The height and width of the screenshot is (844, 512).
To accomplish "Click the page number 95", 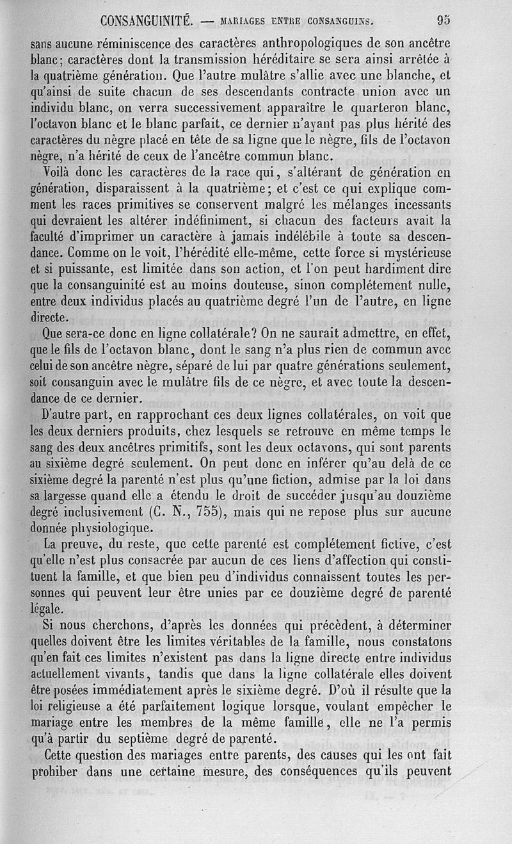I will pyautogui.click(x=444, y=20).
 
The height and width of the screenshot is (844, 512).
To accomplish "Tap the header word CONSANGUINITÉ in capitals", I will pyautogui.click(x=147, y=20).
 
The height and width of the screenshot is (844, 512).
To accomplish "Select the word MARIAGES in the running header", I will pyautogui.click(x=243, y=21).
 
